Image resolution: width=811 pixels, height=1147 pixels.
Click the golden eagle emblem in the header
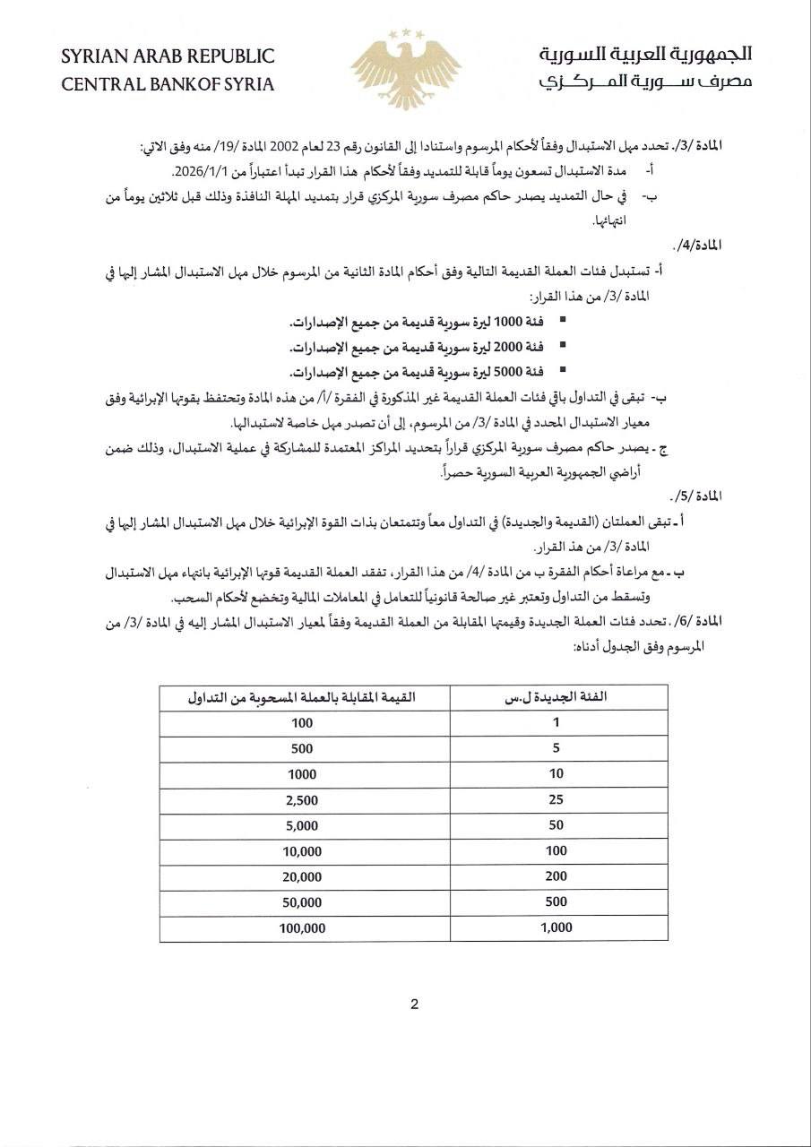coord(405,69)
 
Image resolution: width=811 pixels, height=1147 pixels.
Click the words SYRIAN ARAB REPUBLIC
coord(168,56)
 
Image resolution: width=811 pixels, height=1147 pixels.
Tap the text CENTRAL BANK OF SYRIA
coord(168,85)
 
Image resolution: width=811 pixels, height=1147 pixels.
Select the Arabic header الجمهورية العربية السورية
coord(645,56)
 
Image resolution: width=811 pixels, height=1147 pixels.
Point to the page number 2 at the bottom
coord(414,1005)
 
